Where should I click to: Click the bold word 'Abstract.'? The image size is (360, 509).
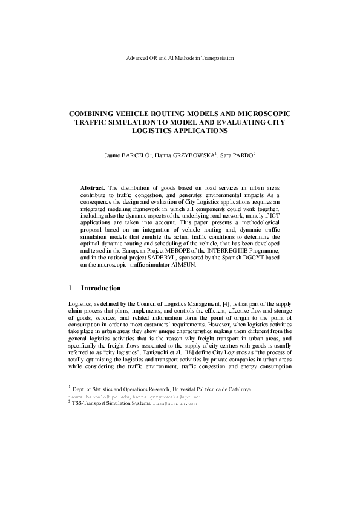(93, 187)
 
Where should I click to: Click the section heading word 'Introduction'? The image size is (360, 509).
(101, 288)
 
